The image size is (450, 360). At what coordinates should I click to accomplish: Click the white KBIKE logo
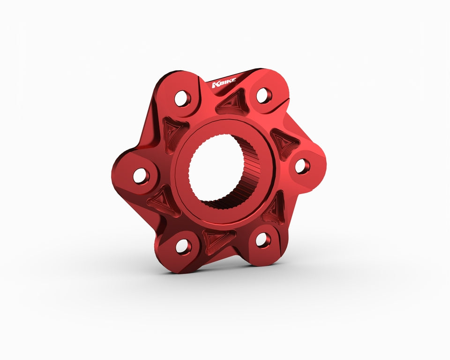coord(224,82)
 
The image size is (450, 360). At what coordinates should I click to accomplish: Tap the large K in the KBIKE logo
coord(215,85)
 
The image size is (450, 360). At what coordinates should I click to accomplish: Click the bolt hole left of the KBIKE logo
coord(182,98)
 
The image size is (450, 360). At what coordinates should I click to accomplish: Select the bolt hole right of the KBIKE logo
coord(264,95)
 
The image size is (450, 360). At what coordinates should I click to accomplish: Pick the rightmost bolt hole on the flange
coord(302,166)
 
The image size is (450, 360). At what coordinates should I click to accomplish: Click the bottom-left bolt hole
coord(183,246)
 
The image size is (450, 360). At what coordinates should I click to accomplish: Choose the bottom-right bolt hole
coord(263,240)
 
